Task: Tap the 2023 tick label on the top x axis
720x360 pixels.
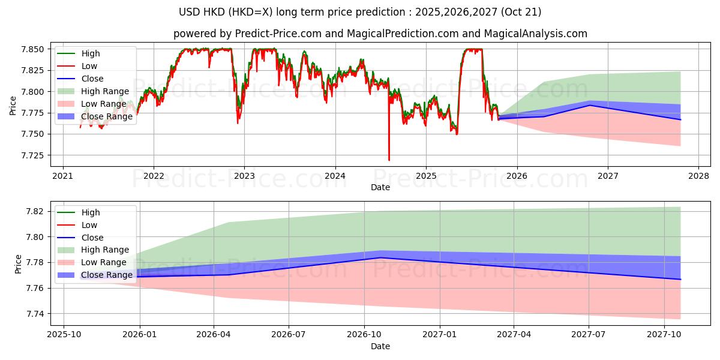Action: [244, 176]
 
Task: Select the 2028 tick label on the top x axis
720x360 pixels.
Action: [698, 176]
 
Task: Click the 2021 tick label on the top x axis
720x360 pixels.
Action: [63, 176]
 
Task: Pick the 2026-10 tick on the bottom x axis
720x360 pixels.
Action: [364, 335]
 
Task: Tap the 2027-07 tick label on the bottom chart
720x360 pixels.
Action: [589, 335]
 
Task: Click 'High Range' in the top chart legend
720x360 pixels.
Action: [105, 91]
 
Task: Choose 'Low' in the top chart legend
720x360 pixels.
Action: [89, 66]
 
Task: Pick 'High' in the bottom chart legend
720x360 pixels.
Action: [91, 212]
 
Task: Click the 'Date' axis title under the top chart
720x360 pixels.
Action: [380, 187]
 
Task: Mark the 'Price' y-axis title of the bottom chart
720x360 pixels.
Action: [18, 263]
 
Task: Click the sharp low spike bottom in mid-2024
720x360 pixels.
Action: [389, 160]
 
